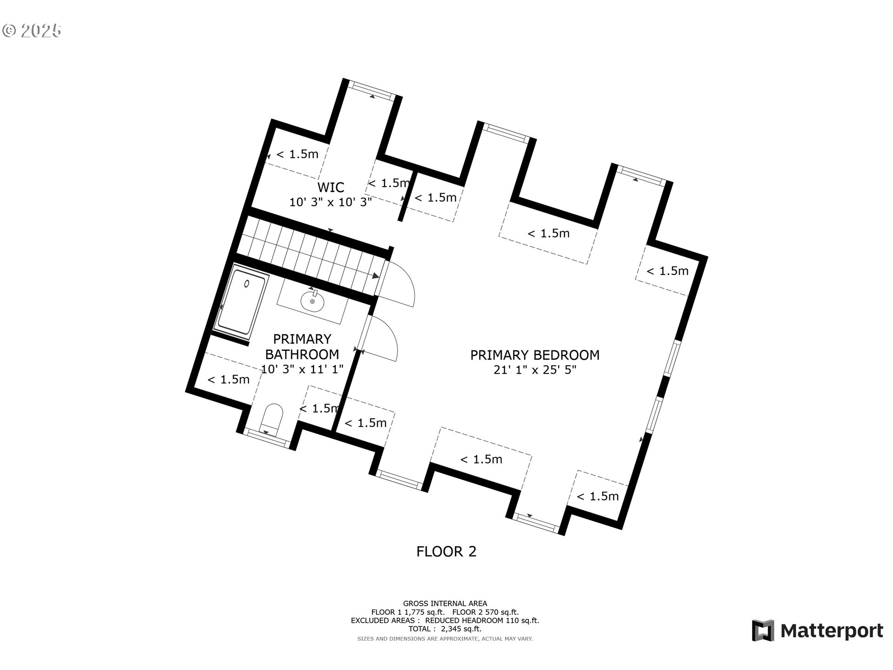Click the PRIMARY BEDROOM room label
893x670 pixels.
tap(535, 355)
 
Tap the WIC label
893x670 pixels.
tap(331, 188)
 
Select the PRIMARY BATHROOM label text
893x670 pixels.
tap(302, 347)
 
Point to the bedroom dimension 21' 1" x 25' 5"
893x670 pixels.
tap(535, 370)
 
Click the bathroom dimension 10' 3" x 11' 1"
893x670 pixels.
tap(302, 369)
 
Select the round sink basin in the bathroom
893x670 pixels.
tap(312, 301)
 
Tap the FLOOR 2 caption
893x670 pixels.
tap(446, 551)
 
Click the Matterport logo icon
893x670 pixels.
tap(763, 630)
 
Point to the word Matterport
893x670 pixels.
tap(832, 631)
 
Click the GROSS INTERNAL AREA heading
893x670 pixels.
tap(445, 603)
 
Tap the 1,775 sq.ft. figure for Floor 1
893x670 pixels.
tap(421, 612)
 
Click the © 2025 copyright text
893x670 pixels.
tap(32, 31)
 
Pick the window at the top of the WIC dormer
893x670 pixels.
tap(372, 90)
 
